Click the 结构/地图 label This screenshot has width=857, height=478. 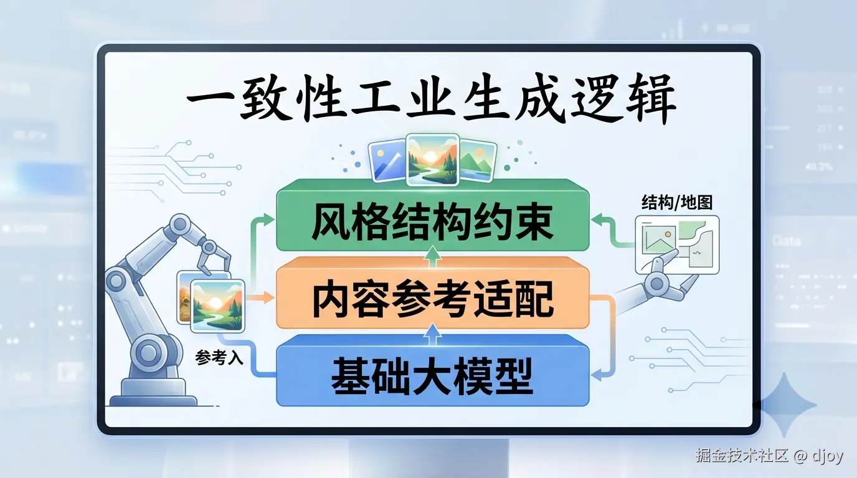click(676, 202)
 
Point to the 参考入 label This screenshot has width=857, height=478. click(219, 358)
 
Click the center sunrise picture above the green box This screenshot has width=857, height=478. click(432, 160)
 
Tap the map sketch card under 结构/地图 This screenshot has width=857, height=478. click(676, 245)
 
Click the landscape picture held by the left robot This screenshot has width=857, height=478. click(217, 305)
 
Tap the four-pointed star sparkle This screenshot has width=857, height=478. click(788, 405)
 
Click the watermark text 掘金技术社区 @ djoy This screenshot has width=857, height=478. click(769, 456)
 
